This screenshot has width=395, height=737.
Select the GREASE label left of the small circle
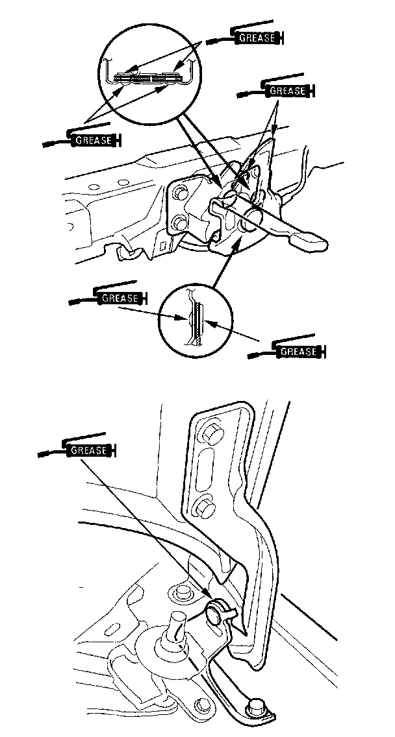click(x=120, y=298)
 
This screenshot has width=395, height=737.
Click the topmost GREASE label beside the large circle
click(x=256, y=38)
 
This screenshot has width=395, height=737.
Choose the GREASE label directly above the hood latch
click(x=287, y=91)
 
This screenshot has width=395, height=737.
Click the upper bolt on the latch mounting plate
click(x=180, y=192)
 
